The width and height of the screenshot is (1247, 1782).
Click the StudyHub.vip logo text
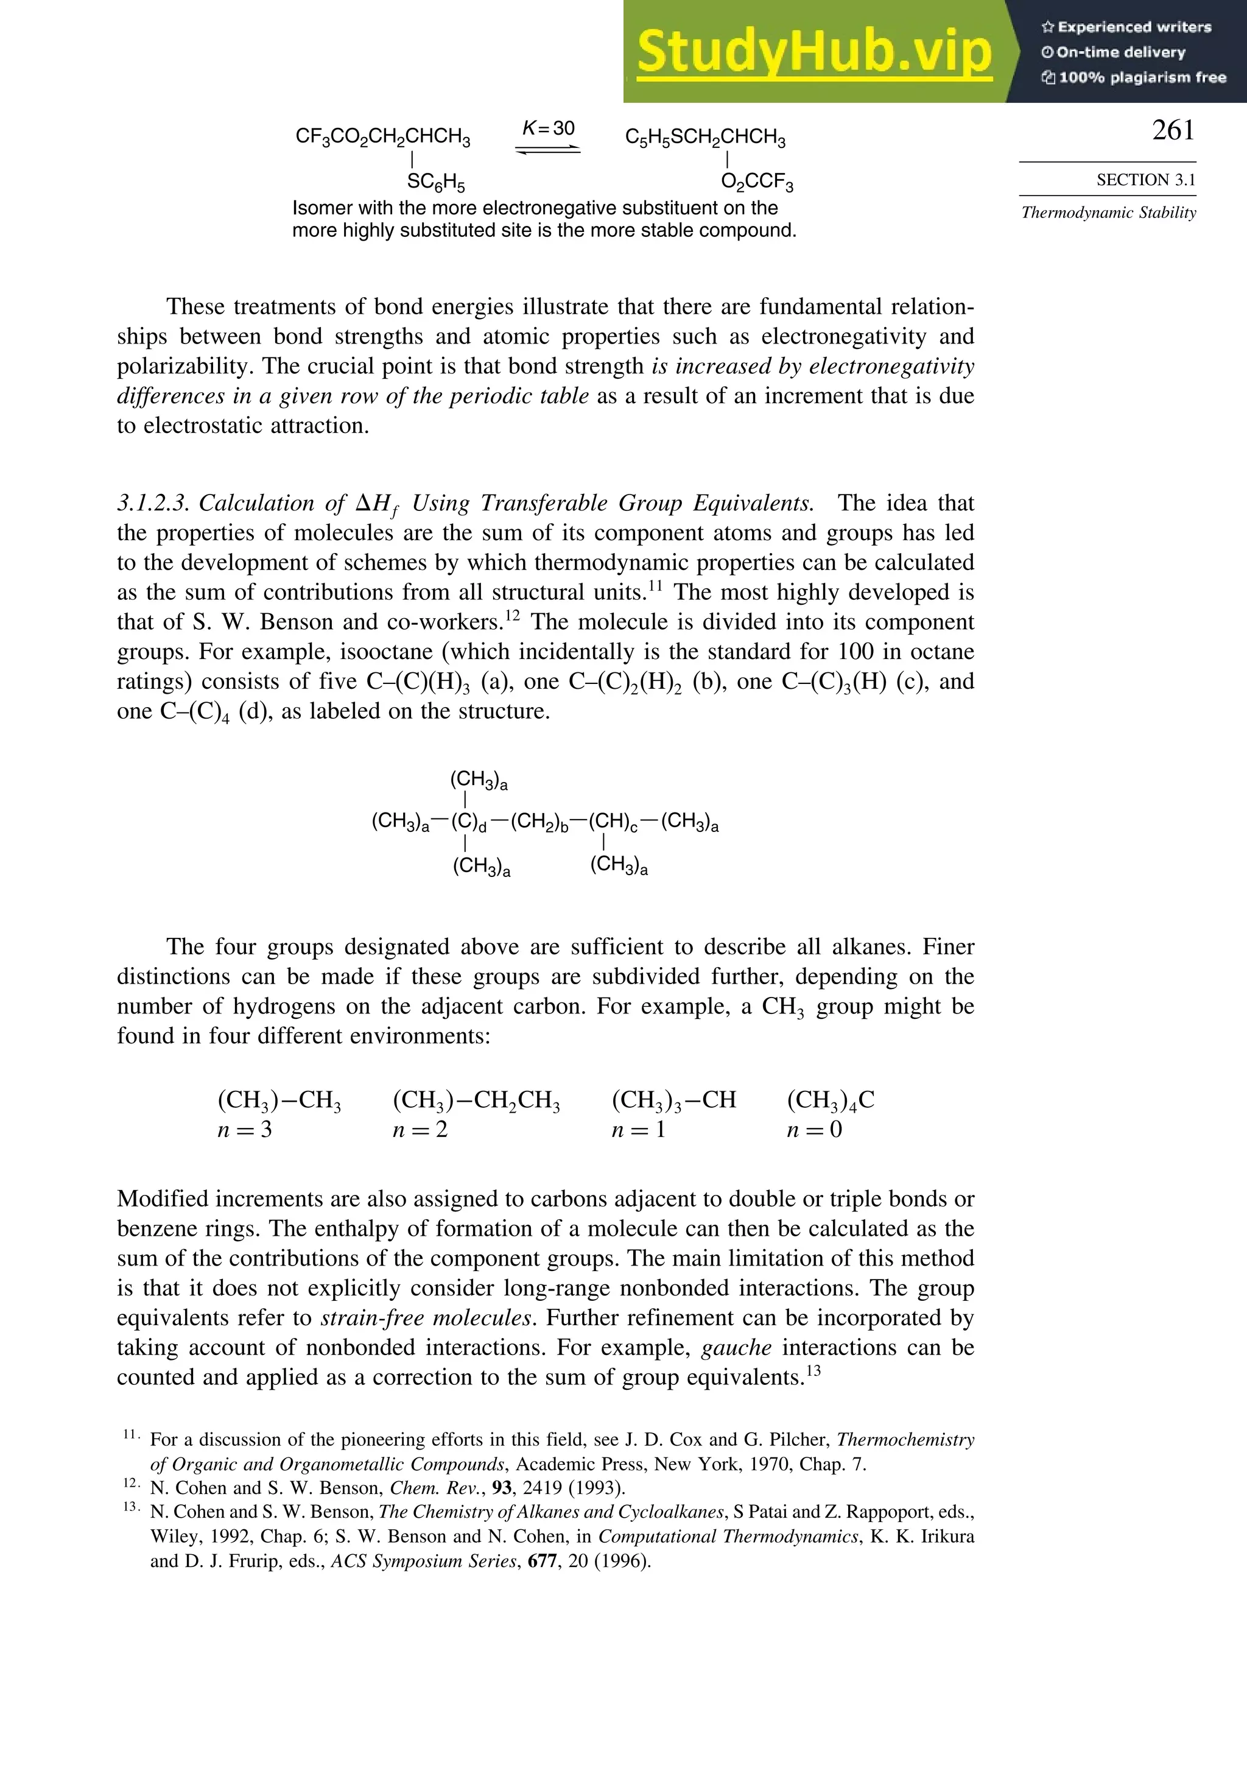coord(814,53)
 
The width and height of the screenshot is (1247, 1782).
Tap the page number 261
coord(1173,130)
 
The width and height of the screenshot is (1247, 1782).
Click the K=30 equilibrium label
coord(549,128)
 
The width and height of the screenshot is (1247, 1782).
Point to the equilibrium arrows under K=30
coord(548,150)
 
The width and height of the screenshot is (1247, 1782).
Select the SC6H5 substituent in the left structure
coord(436,183)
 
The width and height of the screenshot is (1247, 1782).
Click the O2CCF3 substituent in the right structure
coord(757,183)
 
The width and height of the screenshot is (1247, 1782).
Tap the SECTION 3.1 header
coord(1145,180)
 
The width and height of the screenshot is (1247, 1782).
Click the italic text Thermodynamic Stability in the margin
coord(1108,213)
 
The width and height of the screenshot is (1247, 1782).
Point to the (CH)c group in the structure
coord(613,822)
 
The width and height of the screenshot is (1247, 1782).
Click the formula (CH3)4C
coord(831,1100)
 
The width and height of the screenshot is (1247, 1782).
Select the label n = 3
coord(244,1129)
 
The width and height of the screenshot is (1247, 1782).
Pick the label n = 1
coord(638,1129)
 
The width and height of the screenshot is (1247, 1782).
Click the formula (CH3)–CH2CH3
coord(476,1100)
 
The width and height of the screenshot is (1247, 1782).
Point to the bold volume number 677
coord(543,1561)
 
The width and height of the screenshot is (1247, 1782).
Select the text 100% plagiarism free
coord(1134,77)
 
